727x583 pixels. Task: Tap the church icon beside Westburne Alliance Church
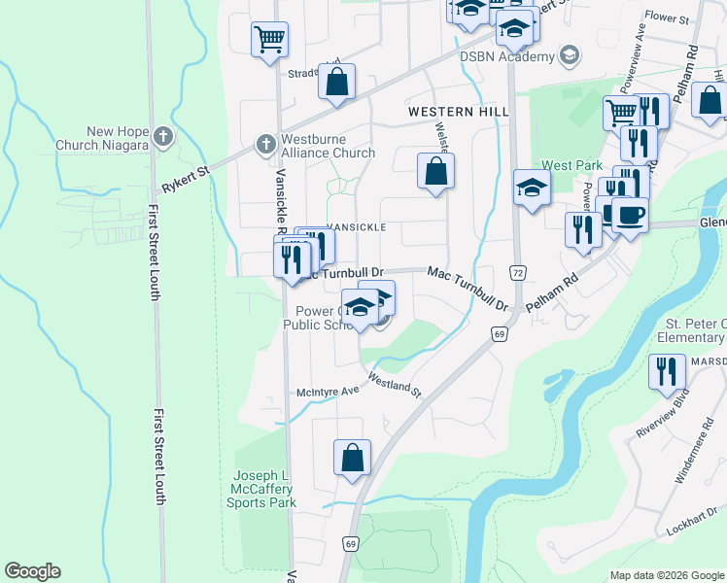264,144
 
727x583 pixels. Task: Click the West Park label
566,165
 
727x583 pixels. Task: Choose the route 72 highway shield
517,273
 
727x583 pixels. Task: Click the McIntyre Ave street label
328,392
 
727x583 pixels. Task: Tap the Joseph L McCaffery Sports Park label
260,489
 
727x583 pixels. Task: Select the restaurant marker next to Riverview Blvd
667,374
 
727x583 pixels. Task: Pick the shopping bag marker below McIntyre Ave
352,458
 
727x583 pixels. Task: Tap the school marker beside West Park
532,189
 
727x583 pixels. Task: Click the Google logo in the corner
32,571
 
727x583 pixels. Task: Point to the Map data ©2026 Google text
666,575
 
